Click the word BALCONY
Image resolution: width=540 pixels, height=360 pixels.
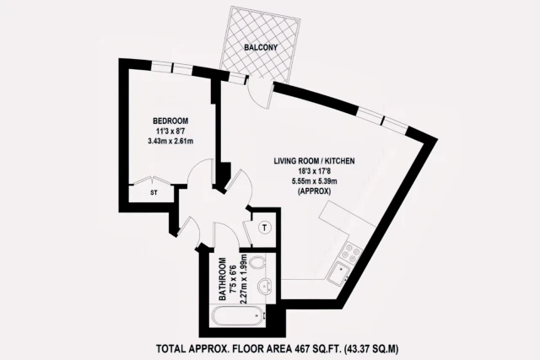(x=262, y=48)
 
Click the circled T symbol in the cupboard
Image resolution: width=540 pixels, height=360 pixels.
(x=263, y=227)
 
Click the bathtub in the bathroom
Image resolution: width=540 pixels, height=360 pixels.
(x=236, y=319)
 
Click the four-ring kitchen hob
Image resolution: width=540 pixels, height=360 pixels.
(x=348, y=250)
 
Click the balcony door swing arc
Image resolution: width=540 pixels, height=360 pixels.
(x=265, y=90)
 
